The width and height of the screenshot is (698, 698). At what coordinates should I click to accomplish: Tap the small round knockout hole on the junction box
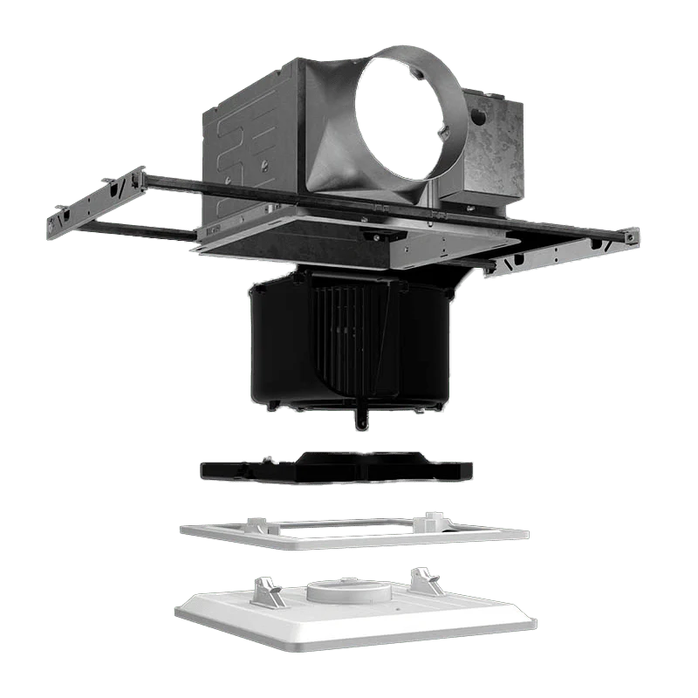477,115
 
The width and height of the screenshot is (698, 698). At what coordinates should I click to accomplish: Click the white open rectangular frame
353,531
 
